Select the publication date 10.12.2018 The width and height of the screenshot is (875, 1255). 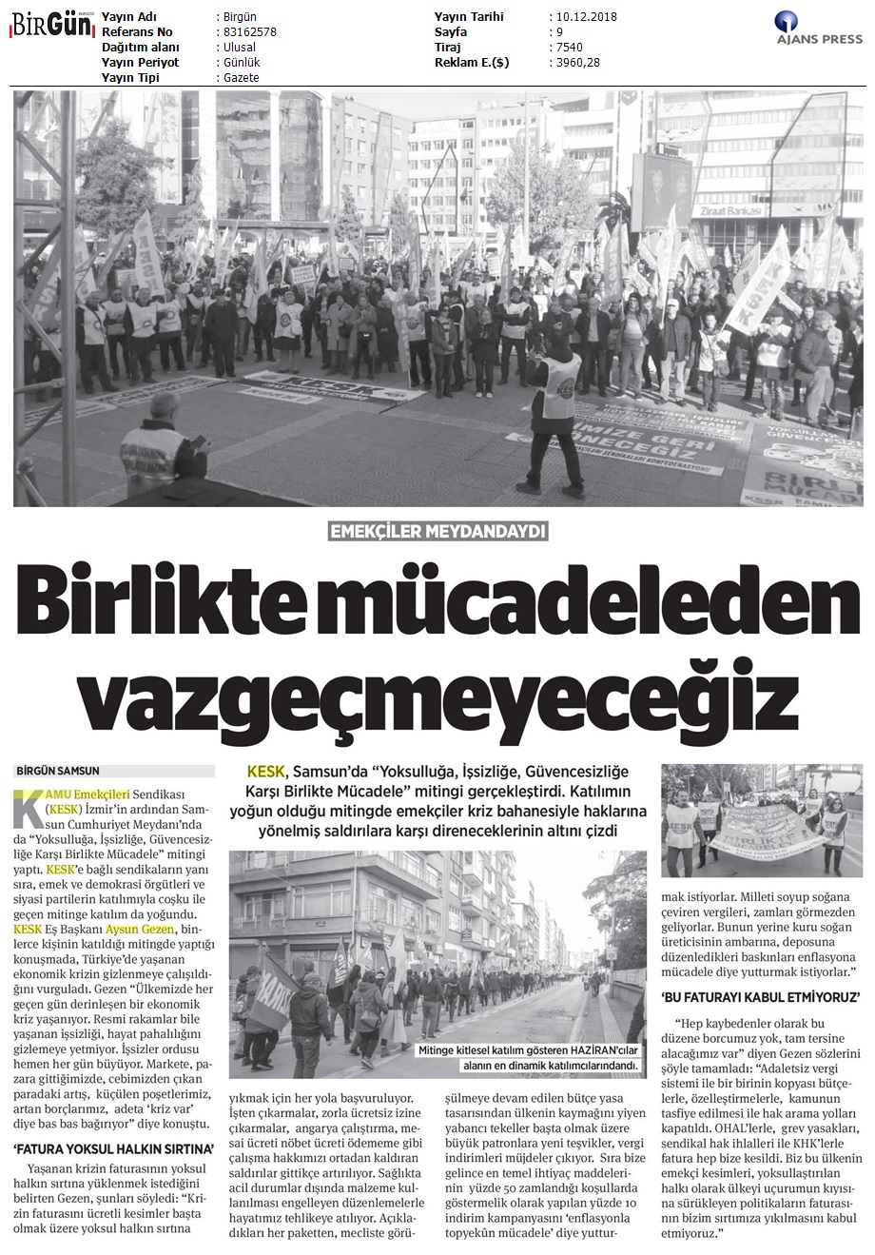[x=582, y=17]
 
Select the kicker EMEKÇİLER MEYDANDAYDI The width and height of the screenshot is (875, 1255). [x=437, y=533]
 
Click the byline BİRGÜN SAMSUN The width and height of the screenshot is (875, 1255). [x=58, y=771]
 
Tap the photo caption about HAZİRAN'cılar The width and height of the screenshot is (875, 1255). [x=528, y=1058]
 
